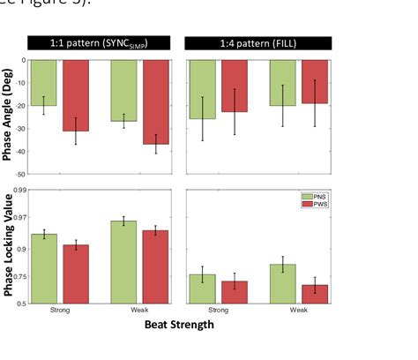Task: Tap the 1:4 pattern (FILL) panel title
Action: [258, 43]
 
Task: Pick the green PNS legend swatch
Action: [308, 196]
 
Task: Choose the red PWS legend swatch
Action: [308, 204]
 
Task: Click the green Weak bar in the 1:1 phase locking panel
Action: [123, 261]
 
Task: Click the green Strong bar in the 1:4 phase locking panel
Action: [203, 289]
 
